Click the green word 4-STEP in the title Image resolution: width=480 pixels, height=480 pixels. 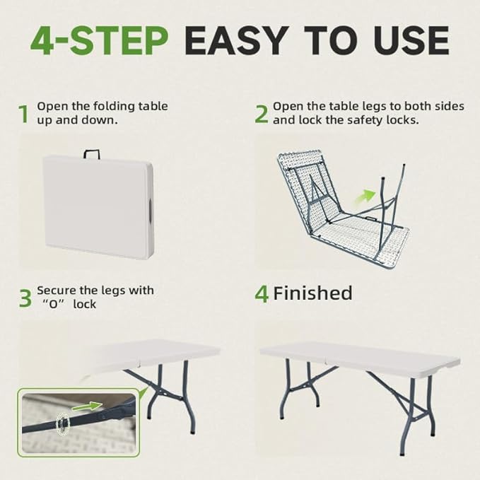pos(99,41)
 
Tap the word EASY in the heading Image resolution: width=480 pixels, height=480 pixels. pos(236,41)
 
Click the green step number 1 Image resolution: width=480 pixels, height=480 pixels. pos(23,114)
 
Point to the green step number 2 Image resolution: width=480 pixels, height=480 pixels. pos(261,114)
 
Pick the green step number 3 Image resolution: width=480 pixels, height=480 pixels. pos(25,298)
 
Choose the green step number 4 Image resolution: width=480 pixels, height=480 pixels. pos(262,294)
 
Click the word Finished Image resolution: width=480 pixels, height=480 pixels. pos(312,293)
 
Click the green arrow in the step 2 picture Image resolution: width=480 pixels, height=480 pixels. pos(365,196)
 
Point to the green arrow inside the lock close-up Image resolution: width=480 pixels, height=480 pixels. pos(87,406)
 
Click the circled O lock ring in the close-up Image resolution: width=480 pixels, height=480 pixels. pos(63,423)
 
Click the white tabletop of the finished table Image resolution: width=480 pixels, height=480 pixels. pos(360,355)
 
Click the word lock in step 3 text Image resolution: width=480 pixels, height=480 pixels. pos(85,304)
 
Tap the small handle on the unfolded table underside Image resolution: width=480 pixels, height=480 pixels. pos(372,219)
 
